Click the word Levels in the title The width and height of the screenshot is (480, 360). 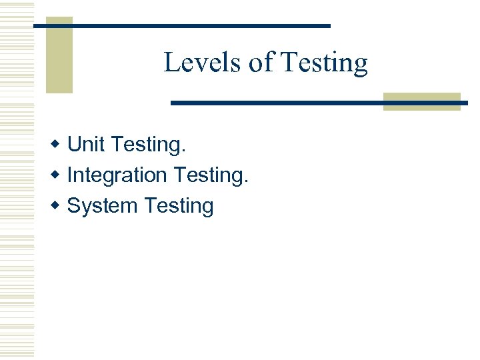[x=203, y=63]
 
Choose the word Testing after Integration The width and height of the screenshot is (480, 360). [x=209, y=176]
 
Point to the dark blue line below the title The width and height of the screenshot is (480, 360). [x=280, y=103]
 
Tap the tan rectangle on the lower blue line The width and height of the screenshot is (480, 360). [x=421, y=101]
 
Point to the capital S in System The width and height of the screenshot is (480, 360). [x=74, y=206]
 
